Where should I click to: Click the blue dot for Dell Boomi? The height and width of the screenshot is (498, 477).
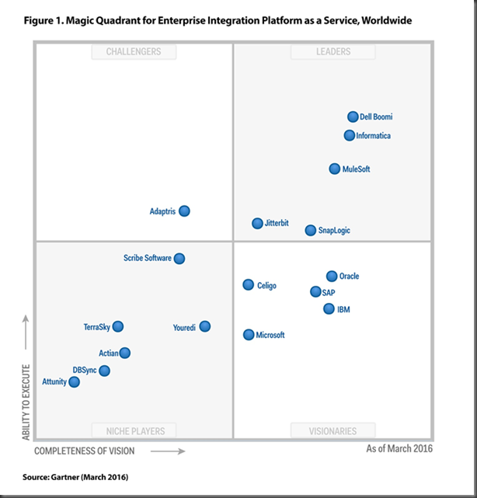[x=353, y=117]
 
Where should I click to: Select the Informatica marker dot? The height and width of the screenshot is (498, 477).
[x=350, y=135]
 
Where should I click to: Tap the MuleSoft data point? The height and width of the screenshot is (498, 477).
[x=335, y=169]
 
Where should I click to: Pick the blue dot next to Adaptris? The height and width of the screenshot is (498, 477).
[x=184, y=211]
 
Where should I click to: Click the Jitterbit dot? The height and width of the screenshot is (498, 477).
[x=257, y=223]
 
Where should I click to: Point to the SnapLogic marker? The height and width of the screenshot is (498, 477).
[x=311, y=230]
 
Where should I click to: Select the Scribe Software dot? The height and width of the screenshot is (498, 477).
[x=179, y=258]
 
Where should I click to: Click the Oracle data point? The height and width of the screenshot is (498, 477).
[x=332, y=276]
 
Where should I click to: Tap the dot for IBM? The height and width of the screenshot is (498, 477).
[x=329, y=308]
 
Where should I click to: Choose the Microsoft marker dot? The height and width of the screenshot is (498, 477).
[x=249, y=335]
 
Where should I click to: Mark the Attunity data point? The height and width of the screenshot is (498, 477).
[x=74, y=381]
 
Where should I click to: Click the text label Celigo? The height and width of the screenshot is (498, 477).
[x=266, y=286]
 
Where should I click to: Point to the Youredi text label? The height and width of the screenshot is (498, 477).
[x=184, y=328]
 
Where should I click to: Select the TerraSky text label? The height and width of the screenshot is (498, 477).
[x=97, y=327]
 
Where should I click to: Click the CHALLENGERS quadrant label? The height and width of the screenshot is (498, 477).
[x=134, y=51]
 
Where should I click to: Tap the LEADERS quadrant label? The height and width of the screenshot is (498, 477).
[x=333, y=51]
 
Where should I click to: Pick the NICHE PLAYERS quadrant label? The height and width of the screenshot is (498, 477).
[x=134, y=430]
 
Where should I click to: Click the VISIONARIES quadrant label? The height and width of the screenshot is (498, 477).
[x=333, y=430]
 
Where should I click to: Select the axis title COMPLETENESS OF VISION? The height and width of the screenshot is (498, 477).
[x=84, y=451]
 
